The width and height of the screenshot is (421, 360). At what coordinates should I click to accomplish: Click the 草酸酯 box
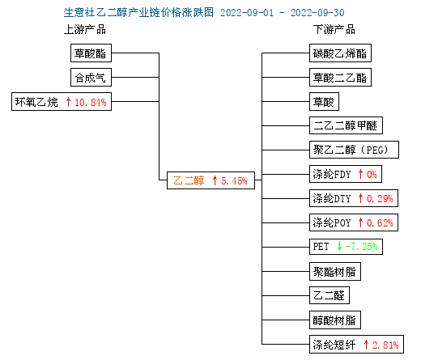point(91,53)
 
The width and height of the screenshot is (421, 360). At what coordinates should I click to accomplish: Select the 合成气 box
point(91,78)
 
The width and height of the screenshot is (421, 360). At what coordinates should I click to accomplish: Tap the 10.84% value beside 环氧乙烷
point(91,103)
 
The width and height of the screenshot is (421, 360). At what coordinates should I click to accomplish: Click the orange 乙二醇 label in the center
point(189,180)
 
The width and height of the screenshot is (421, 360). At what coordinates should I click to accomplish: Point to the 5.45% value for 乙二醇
point(234,180)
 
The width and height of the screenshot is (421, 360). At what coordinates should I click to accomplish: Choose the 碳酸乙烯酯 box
point(340,53)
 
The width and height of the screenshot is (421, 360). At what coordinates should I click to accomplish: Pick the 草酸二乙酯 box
point(340,78)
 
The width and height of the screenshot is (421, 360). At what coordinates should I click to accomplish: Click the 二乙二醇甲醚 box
point(346,125)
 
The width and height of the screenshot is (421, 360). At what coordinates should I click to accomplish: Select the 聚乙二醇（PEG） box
point(354,150)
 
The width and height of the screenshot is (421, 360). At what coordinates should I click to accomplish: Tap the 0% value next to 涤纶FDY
point(372,175)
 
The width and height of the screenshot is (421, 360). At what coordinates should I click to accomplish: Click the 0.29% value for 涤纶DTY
point(380,199)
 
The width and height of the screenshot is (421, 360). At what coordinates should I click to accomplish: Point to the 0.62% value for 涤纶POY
point(380,223)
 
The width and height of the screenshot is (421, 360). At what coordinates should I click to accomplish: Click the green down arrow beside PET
point(339,246)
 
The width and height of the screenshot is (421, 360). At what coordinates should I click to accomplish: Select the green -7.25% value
point(362,247)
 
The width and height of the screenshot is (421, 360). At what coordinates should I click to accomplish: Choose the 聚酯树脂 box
point(335,272)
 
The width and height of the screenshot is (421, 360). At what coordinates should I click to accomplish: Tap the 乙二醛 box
point(330,295)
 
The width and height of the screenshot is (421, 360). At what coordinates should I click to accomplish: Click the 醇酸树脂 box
point(335,320)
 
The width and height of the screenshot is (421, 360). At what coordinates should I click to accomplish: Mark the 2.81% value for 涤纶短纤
point(385,345)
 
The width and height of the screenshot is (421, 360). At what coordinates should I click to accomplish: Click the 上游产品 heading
point(85,30)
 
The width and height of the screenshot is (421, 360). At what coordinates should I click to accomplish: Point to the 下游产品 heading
point(334,30)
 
